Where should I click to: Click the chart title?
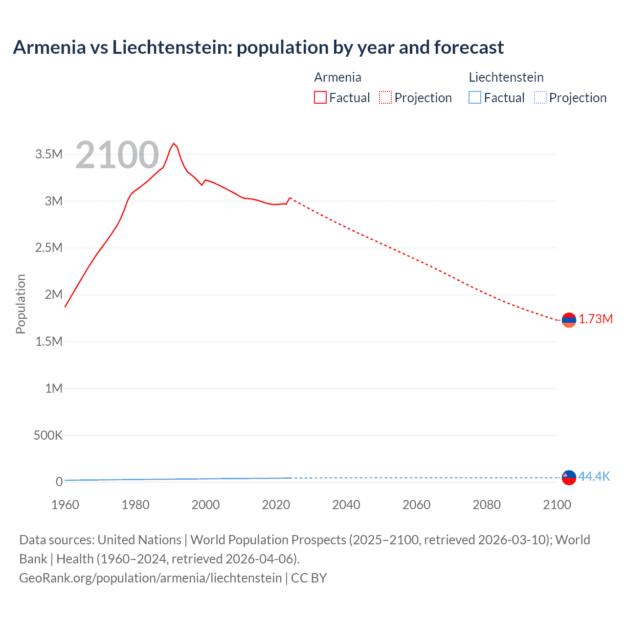[x=258, y=47]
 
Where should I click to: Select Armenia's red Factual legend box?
[x=320, y=97]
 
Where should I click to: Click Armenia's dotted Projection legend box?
[x=385, y=97]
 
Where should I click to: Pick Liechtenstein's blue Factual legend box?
[x=474, y=97]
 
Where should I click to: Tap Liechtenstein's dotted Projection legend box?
[x=540, y=97]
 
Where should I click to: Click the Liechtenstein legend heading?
[x=506, y=77]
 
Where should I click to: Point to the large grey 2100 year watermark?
[x=117, y=156]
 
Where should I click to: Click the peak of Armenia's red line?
[x=174, y=143]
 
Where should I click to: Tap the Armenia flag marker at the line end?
[x=569, y=320]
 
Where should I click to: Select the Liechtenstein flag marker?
[x=569, y=477]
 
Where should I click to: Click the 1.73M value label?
[x=596, y=319]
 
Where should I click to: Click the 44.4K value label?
[x=594, y=477]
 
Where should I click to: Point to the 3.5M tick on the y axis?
[x=49, y=155]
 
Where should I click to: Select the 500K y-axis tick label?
[x=48, y=435]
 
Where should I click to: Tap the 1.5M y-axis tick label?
[x=49, y=341]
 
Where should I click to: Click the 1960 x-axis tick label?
[x=65, y=505]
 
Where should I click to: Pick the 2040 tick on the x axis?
[x=346, y=505]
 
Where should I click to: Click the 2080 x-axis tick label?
[x=487, y=505]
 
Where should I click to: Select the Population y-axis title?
[x=21, y=304]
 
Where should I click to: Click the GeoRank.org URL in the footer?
[x=150, y=578]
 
